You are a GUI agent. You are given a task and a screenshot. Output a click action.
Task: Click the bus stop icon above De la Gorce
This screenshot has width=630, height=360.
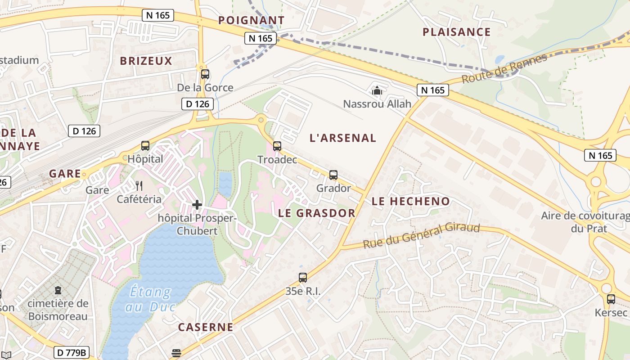pyautogui.click(x=205, y=74)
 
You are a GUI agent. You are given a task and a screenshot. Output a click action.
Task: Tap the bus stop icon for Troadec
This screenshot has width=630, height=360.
pyautogui.click(x=277, y=146)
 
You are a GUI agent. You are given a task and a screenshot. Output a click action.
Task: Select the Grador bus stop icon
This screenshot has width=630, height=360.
pyautogui.click(x=333, y=175)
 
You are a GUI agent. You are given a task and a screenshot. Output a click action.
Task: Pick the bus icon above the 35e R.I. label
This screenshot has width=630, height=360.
pyautogui.click(x=303, y=278)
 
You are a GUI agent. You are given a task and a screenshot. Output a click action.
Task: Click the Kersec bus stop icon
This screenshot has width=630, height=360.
pyautogui.click(x=611, y=299)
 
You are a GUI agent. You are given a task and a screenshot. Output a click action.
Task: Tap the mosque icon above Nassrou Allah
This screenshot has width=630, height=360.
pyautogui.click(x=377, y=91)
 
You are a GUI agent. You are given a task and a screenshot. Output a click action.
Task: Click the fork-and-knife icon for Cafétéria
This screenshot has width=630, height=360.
pyautogui.click(x=139, y=185)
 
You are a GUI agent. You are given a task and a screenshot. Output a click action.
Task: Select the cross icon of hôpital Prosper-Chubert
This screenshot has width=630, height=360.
pyautogui.click(x=197, y=205)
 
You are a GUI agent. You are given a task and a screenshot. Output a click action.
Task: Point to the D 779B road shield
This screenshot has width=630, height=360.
pyautogui.click(x=72, y=352)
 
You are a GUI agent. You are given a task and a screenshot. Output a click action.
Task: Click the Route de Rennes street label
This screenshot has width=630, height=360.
pyautogui.click(x=504, y=69)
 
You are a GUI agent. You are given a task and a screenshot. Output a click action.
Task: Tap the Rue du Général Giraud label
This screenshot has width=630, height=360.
pyautogui.click(x=422, y=235)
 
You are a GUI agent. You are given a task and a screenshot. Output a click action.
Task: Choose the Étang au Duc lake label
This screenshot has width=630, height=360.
pyautogui.click(x=150, y=299)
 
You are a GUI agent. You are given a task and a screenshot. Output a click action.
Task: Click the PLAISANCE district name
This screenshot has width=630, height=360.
pyautogui.click(x=456, y=32)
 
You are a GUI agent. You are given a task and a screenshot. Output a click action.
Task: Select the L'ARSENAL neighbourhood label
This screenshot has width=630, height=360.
pyautogui.click(x=342, y=138)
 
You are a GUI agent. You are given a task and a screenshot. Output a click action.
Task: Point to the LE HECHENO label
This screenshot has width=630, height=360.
pyautogui.click(x=410, y=202)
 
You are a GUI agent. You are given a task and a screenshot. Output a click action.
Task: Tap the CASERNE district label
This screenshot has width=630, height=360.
pyautogui.click(x=206, y=327)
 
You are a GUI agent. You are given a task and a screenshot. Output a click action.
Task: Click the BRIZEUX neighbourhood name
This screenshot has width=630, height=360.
pyautogui.click(x=146, y=61)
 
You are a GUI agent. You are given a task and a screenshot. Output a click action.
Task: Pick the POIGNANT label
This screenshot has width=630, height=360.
pyautogui.click(x=251, y=20)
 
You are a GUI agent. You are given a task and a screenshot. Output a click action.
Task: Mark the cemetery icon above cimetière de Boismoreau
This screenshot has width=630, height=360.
pyautogui.click(x=58, y=291)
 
